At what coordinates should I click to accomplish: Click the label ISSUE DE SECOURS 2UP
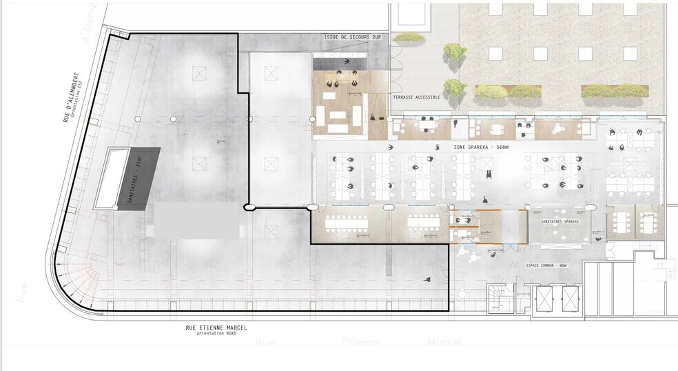(352, 37)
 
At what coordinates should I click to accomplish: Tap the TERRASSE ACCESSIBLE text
(416, 98)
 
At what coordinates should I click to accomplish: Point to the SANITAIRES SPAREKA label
(559, 221)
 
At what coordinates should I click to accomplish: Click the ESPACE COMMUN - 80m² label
(546, 265)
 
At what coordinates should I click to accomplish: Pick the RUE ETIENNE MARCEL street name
(216, 328)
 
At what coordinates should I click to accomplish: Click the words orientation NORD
(216, 334)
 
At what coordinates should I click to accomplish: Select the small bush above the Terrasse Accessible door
(409, 37)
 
